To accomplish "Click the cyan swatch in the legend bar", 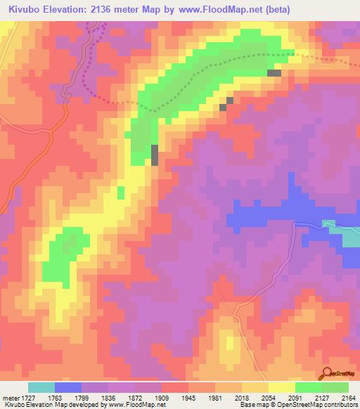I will pos(41,387).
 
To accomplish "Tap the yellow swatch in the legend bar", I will pos(281,387).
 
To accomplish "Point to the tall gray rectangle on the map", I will pos(155,155).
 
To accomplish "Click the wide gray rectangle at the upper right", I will pos(274,72).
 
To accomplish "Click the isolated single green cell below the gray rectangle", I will pos(121,192).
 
